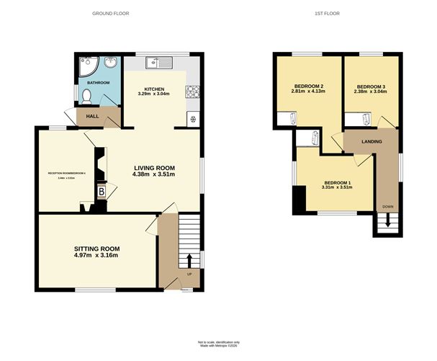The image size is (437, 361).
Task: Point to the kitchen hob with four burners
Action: point(192,92)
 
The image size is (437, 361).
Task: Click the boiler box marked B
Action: point(101,192)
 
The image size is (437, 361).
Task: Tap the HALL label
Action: point(92,116)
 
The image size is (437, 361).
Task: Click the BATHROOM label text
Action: point(99,83)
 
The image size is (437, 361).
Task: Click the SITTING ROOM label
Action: point(96,248)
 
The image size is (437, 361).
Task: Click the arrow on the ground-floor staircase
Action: point(189,260)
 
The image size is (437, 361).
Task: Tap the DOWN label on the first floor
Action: point(388,207)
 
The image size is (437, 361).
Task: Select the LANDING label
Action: point(371,143)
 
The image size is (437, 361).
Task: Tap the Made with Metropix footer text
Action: point(219,344)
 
